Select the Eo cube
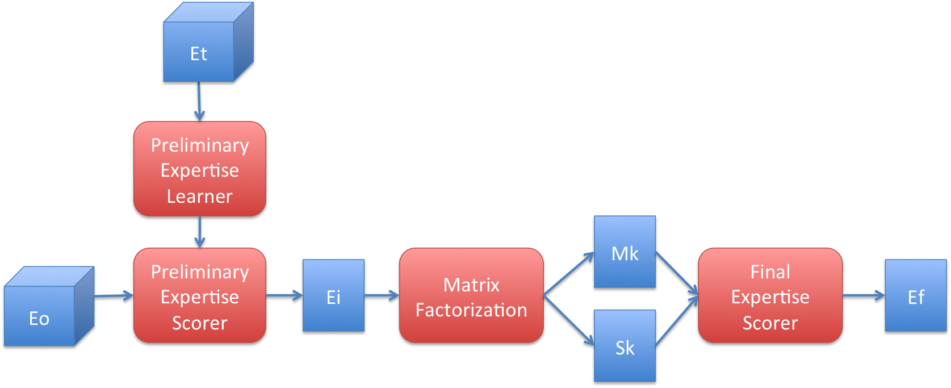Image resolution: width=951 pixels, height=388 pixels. click(40, 316)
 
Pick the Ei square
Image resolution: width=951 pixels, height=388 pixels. click(333, 295)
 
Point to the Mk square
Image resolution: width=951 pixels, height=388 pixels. click(625, 252)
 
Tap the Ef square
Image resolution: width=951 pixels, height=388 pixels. click(915, 295)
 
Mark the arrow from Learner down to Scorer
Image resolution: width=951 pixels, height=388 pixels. click(199, 232)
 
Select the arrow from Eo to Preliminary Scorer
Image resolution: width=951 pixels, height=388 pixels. click(114, 295)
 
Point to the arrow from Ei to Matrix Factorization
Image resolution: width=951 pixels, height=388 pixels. click(382, 295)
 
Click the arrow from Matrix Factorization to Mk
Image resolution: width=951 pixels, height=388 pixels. click(568, 274)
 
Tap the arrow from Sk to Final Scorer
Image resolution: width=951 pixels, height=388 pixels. click(677, 321)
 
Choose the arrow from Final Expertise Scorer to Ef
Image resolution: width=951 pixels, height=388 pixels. click(863, 295)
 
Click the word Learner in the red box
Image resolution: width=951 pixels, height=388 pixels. click(199, 197)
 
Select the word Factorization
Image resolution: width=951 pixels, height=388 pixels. click(471, 310)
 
